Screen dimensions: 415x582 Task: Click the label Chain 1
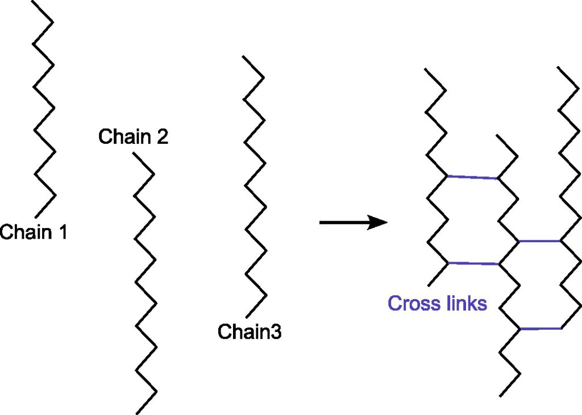pyautogui.click(x=34, y=232)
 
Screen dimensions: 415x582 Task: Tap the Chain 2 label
pyautogui.click(x=133, y=137)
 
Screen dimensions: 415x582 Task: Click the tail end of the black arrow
pyautogui.click(x=321, y=222)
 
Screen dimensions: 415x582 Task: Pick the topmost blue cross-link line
pyautogui.click(x=473, y=177)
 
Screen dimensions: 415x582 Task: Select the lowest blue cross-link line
pyautogui.click(x=541, y=329)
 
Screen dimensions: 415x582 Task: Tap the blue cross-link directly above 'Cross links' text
pyautogui.click(x=473, y=263)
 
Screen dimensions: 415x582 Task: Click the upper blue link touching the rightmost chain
pyautogui.click(x=539, y=241)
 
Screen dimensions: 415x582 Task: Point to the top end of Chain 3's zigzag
pyautogui.click(x=243, y=56)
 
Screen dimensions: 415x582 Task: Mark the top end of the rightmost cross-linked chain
pyautogui.click(x=559, y=68)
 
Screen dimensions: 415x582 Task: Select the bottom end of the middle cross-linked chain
pyautogui.click(x=500, y=396)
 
